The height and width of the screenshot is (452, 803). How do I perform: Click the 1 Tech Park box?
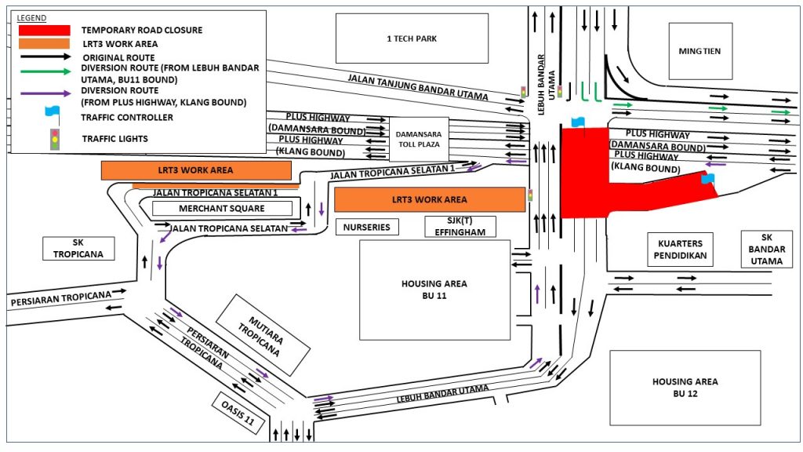pyautogui.click(x=412, y=38)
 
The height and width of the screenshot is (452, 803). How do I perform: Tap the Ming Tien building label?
pyautogui.click(x=699, y=51)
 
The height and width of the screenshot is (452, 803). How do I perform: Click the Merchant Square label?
pyautogui.click(x=222, y=209)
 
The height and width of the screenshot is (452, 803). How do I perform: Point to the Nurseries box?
pyautogui.click(x=367, y=227)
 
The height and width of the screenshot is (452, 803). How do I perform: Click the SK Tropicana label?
pyautogui.click(x=78, y=249)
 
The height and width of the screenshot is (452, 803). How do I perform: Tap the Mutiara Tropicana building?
pyautogui.click(x=261, y=334)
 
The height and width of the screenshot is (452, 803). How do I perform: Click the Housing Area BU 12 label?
pyautogui.click(x=685, y=388)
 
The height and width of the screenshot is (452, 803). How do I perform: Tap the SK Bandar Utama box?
pyautogui.click(x=766, y=249)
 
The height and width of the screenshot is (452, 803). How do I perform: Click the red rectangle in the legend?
pyautogui.click(x=44, y=30)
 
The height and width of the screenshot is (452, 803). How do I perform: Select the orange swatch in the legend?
pyautogui.click(x=44, y=44)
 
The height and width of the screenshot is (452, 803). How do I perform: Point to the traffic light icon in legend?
pyautogui.click(x=54, y=139)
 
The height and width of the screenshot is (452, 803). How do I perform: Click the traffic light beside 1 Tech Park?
pyautogui.click(x=523, y=93)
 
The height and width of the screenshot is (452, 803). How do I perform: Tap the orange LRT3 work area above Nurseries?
pyautogui.click(x=429, y=199)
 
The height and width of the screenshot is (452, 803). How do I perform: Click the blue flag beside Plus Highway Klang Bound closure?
pyautogui.click(x=707, y=179)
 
